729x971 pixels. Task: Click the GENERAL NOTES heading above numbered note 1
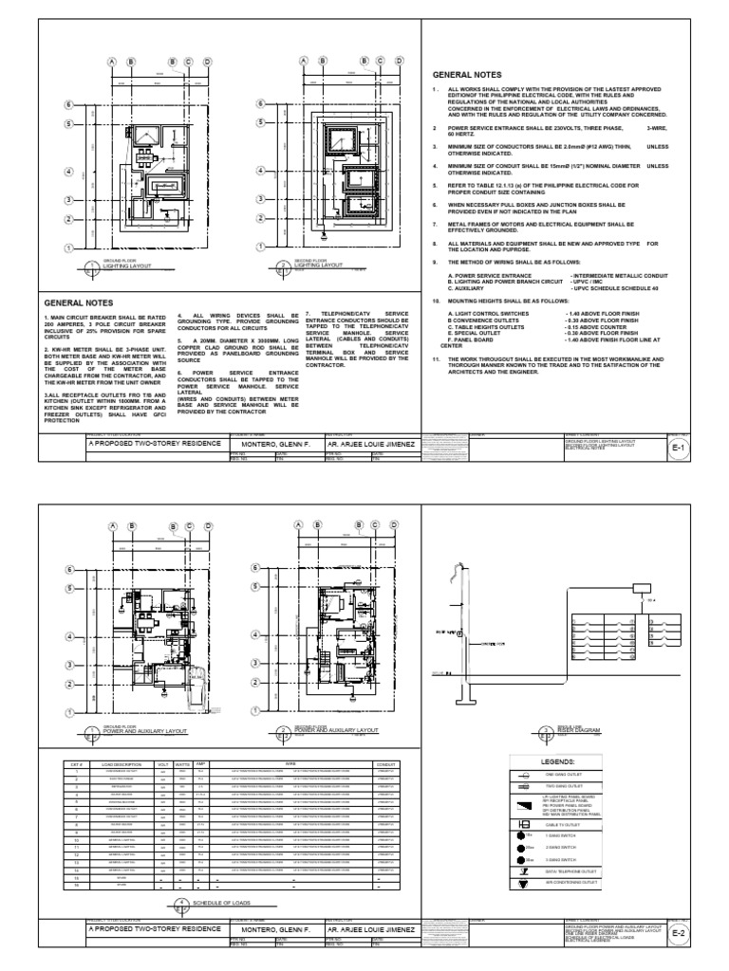click(x=466, y=72)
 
